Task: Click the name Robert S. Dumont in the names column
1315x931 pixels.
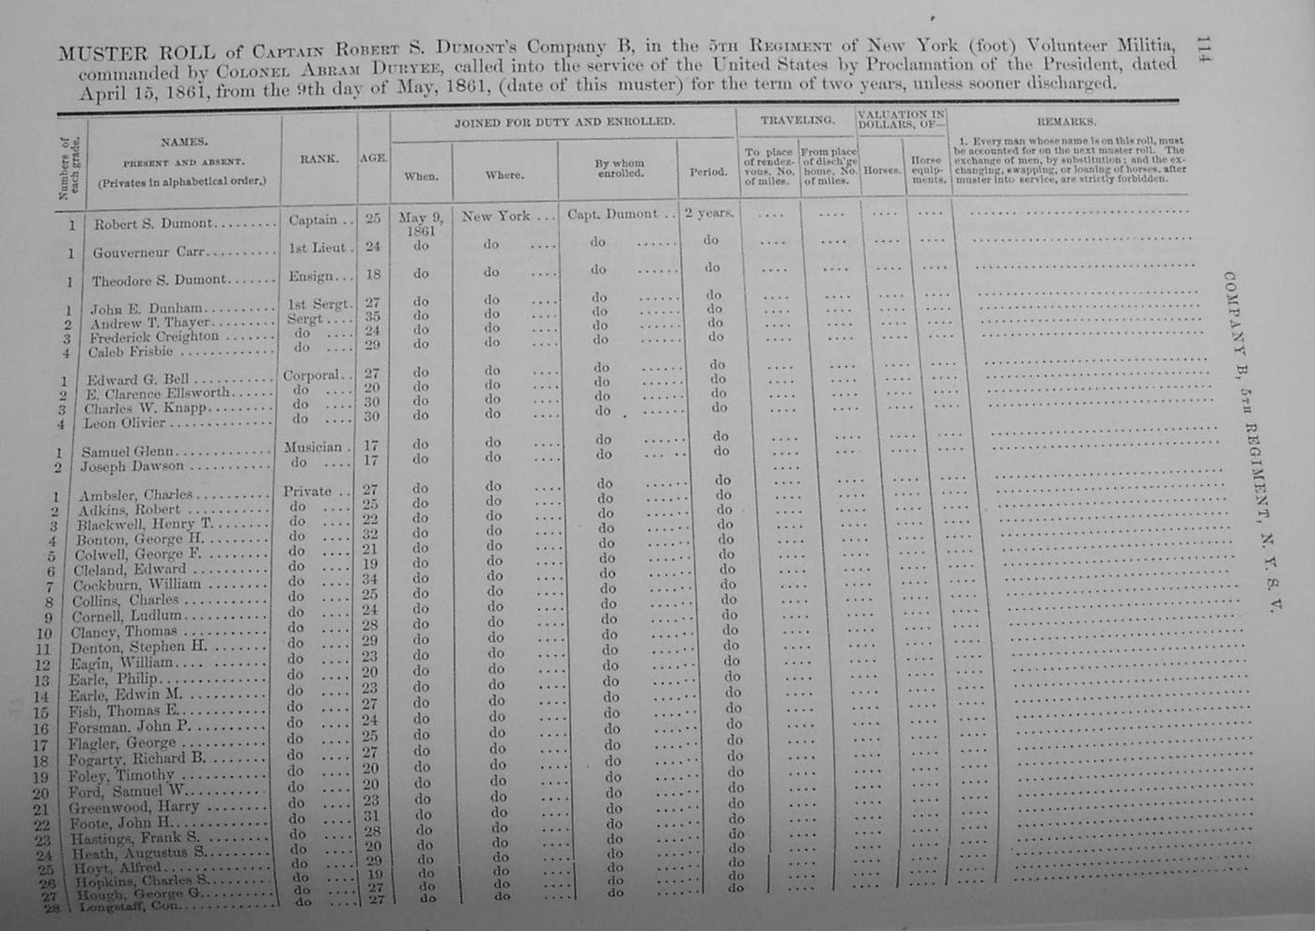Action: tap(153, 224)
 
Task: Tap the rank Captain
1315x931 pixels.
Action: tap(314, 220)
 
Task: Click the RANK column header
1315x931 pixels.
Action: tap(319, 160)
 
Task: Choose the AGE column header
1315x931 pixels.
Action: tap(373, 158)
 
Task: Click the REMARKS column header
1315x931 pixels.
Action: tap(1066, 122)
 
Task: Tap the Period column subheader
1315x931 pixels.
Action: tap(707, 172)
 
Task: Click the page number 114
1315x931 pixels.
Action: tap(1204, 53)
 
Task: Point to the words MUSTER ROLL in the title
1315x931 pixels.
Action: tap(136, 53)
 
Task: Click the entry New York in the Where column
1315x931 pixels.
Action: tap(496, 216)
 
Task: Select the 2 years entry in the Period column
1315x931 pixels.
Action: tap(708, 213)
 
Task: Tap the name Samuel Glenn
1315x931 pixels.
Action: tap(127, 451)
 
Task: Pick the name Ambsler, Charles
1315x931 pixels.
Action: tap(135, 496)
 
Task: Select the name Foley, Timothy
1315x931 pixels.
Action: tap(121, 775)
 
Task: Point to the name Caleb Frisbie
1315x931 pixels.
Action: tap(131, 352)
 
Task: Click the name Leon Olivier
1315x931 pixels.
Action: tap(124, 423)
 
